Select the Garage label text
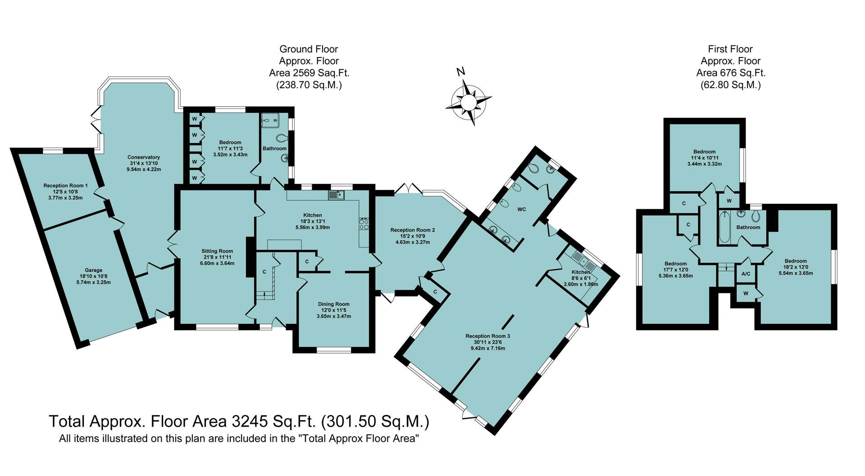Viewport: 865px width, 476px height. pos(93,270)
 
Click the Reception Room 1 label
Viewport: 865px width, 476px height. pos(65,185)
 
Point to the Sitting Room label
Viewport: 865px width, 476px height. pos(217,251)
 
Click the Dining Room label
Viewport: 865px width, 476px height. pos(333,304)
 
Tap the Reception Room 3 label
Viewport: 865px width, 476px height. pos(487,336)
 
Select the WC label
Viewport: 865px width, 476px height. pos(522,210)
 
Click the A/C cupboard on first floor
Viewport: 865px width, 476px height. pos(746,274)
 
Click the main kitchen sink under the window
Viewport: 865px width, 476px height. pos(336,195)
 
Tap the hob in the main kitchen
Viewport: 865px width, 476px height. pos(364,224)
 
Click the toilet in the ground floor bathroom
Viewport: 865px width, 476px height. pos(283,137)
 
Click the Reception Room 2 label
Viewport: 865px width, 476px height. pos(412,230)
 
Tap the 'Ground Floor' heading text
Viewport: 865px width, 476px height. pos(308,49)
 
